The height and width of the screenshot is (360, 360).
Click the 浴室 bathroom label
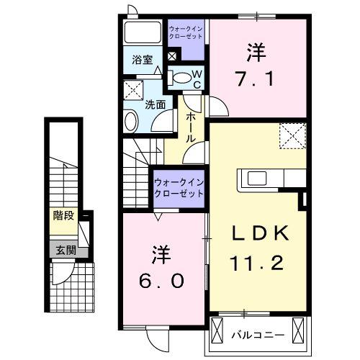coord(142,61)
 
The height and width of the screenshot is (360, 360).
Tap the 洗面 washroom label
coord(155,104)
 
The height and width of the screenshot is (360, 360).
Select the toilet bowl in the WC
coord(182,77)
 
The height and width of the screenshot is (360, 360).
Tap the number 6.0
coord(161,277)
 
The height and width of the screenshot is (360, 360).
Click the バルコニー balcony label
coord(258,334)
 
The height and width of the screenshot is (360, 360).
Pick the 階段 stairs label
coord(63,215)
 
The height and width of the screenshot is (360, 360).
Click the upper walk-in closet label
coord(186,32)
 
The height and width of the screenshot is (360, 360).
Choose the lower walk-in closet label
coord(179,188)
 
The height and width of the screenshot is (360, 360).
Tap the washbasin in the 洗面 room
coord(131,121)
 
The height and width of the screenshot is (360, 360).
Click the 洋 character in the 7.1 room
coord(255,52)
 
